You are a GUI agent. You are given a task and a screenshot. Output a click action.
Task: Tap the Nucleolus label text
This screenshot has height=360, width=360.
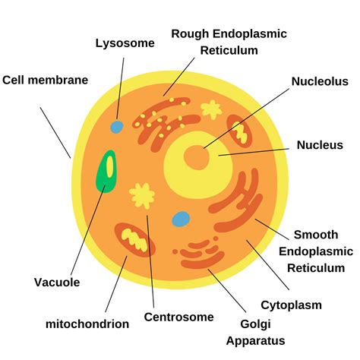pyautogui.click(x=320, y=81)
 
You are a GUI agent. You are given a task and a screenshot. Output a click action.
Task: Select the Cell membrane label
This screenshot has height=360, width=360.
pyautogui.click(x=46, y=79)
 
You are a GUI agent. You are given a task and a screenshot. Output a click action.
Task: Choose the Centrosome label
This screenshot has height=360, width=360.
pyautogui.click(x=179, y=317)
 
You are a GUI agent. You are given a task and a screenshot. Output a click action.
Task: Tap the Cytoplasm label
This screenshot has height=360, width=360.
pyautogui.click(x=292, y=305)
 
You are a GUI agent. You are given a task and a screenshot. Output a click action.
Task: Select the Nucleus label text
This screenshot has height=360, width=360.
pyautogui.click(x=320, y=144)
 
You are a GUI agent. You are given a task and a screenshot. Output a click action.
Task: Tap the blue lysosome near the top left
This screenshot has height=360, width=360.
pyautogui.click(x=116, y=126)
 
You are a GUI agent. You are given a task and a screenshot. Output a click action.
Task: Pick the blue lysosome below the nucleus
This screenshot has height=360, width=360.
pyautogui.click(x=181, y=219)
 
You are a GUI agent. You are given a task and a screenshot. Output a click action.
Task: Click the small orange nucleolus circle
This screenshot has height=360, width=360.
pyautogui.click(x=197, y=158)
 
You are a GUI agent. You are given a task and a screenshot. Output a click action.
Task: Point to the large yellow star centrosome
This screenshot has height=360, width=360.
pyautogui.click(x=141, y=194)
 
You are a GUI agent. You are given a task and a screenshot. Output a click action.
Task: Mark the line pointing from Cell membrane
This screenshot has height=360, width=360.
pyautogui.click(x=55, y=131)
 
